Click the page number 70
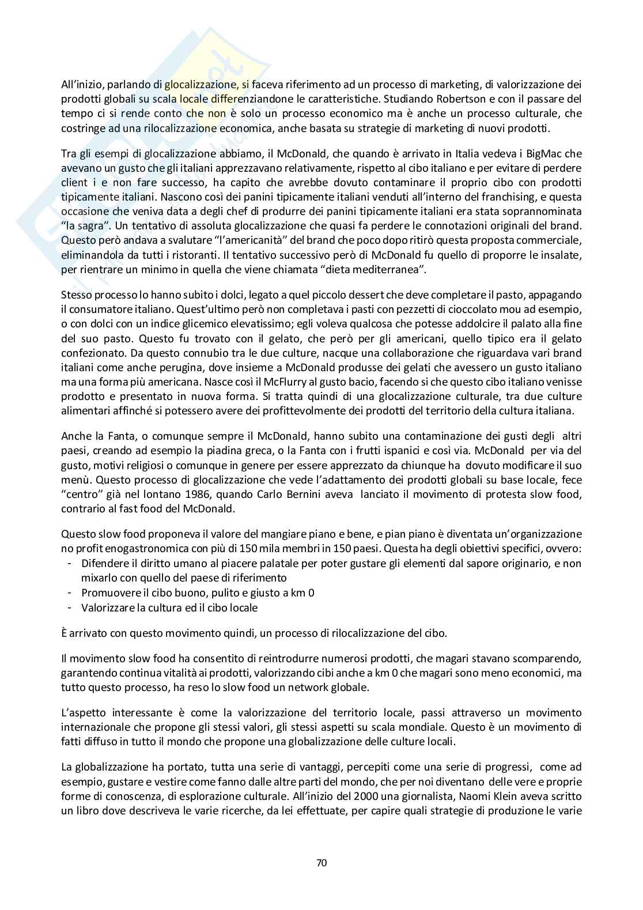coord(321,863)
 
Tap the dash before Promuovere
coord(70,592)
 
